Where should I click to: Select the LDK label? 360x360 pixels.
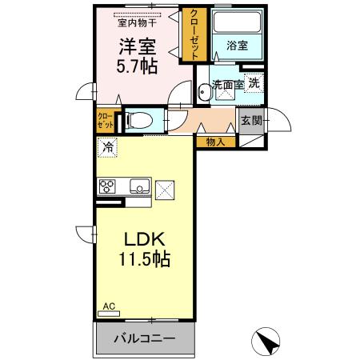click(144, 239)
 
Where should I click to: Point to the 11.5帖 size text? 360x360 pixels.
click(144, 260)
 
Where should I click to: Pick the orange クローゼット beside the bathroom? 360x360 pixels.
click(194, 34)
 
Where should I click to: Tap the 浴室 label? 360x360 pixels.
click(237, 46)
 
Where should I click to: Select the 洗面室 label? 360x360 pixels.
click(226, 83)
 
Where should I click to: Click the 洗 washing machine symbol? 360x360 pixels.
click(253, 82)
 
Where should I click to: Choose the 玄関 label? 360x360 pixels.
click(251, 122)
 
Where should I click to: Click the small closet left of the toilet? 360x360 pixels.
click(106, 121)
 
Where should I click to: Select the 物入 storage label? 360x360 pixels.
click(215, 142)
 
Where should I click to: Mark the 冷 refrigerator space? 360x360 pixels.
click(107, 147)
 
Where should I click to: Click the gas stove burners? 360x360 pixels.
click(106, 187)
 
